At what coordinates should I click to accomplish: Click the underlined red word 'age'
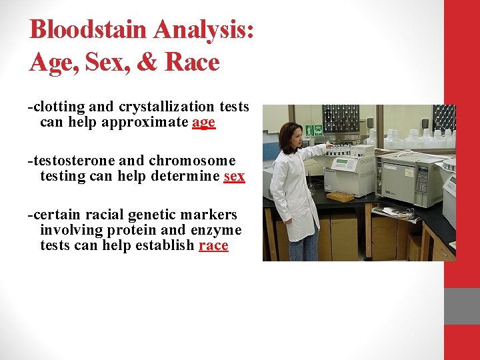pos(203,122)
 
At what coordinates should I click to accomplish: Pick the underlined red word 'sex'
pos(234,176)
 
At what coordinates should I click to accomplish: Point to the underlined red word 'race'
pos(213,245)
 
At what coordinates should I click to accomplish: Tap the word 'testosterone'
pos(67,161)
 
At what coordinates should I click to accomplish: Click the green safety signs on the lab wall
pos(314,130)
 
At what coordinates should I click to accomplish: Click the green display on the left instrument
pos(342,164)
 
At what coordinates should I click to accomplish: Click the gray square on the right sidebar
pos(462,307)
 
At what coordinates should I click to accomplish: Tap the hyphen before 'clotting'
pos(29,107)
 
